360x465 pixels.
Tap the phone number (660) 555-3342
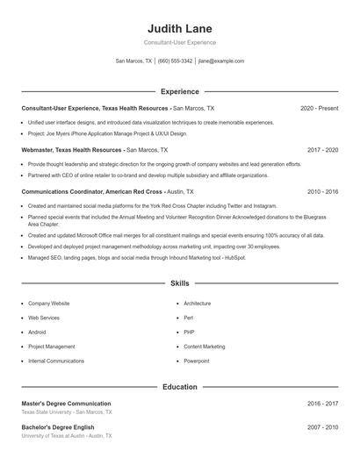pyautogui.click(x=175, y=61)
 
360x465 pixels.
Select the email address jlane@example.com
pyautogui.click(x=220, y=61)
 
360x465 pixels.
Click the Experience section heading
pyautogui.click(x=179, y=91)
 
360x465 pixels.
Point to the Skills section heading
pyautogui.click(x=179, y=283)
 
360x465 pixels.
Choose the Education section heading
pyautogui.click(x=179, y=386)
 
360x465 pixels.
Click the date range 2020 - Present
pyautogui.click(x=319, y=108)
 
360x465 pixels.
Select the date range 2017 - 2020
pyautogui.click(x=322, y=150)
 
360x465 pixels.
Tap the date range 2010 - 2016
pyautogui.click(x=322, y=191)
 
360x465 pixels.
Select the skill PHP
pyautogui.click(x=190, y=332)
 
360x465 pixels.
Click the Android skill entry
pyautogui.click(x=37, y=332)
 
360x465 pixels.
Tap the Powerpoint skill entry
pyautogui.click(x=197, y=361)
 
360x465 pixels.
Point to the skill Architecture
pyautogui.click(x=198, y=303)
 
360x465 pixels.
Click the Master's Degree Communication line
pyautogui.click(x=67, y=404)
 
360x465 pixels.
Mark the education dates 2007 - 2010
pyautogui.click(x=322, y=427)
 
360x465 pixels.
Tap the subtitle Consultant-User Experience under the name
pyautogui.click(x=179, y=42)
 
